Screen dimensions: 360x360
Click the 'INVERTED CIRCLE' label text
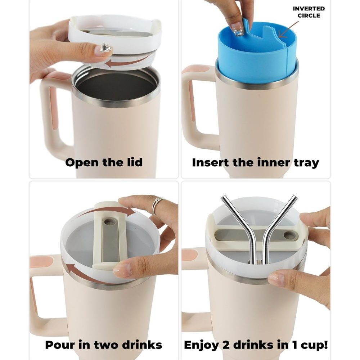[x=309, y=12]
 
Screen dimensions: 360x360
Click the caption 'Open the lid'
[x=104, y=162]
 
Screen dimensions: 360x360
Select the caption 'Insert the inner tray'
[x=256, y=163]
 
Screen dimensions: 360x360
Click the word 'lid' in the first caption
[x=134, y=162]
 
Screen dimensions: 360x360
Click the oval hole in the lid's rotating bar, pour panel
[x=108, y=222]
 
